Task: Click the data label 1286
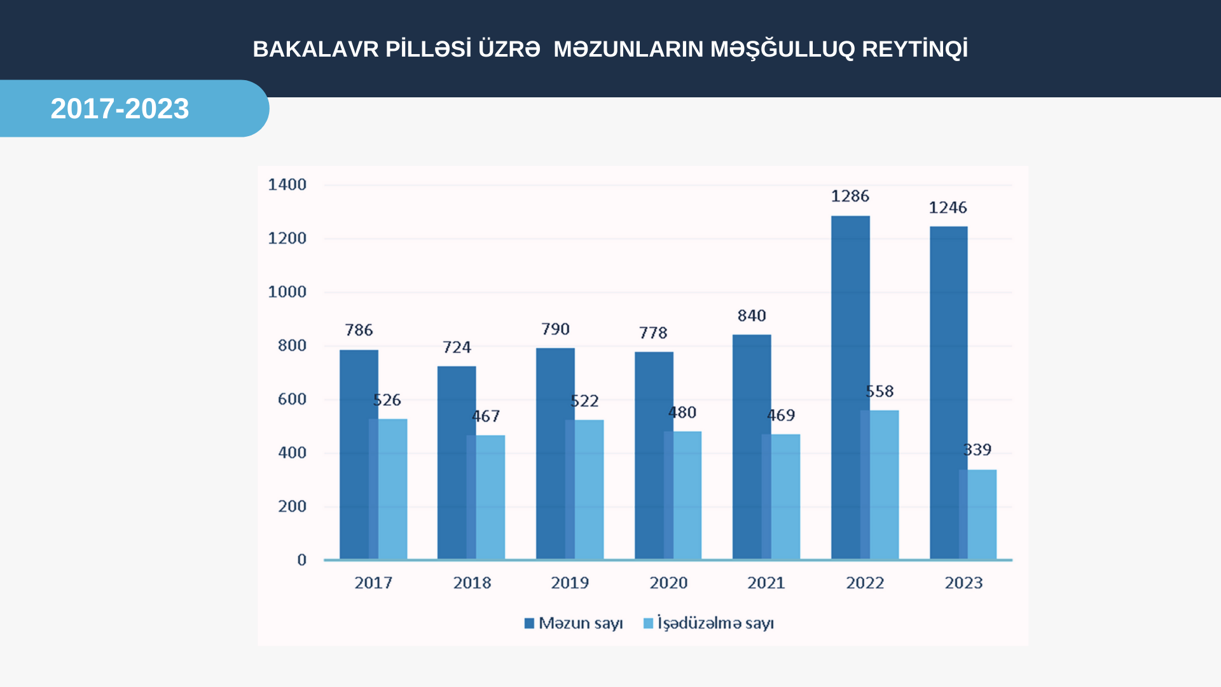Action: [x=850, y=196]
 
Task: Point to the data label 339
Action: [x=977, y=450]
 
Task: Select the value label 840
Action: [x=752, y=316]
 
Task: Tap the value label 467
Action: [x=486, y=416]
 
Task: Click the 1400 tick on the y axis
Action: [x=287, y=184]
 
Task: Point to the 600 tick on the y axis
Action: [x=292, y=399]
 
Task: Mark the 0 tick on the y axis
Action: [x=301, y=560]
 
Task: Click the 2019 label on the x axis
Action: [x=570, y=583]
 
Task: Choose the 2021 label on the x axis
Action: [x=766, y=583]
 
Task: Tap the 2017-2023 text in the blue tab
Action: [x=120, y=109]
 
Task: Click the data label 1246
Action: [x=948, y=207]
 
